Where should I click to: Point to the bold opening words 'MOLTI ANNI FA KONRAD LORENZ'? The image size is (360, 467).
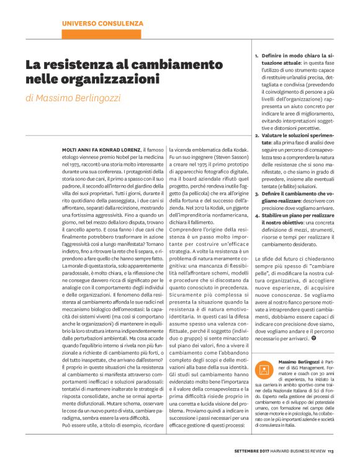pyautogui.click(x=101, y=134)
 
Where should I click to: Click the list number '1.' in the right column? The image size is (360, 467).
pyautogui.click(x=257, y=56)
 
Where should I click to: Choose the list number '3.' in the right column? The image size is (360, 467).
pyautogui.click(x=257, y=194)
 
